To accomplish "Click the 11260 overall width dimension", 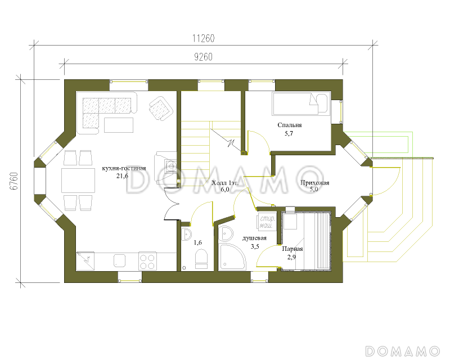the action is [x=203, y=38].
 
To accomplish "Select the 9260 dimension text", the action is [x=203, y=57].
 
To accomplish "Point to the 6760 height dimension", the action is [x=13, y=181].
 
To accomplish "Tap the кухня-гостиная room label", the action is [x=124, y=168].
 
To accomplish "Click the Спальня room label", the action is [x=289, y=125].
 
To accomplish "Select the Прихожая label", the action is [x=314, y=183].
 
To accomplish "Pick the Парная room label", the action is [x=292, y=249].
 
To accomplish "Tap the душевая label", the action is [x=254, y=238].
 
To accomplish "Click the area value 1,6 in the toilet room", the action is [x=198, y=242].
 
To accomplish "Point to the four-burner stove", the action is [x=147, y=261].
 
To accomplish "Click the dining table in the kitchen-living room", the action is [x=78, y=181].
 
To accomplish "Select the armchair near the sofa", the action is [x=161, y=108].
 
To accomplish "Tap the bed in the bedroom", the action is [x=300, y=103].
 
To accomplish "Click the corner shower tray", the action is [x=231, y=257].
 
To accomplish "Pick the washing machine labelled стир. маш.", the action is [x=267, y=221].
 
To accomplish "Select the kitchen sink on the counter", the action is [x=119, y=260].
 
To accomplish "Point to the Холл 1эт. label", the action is [x=224, y=183].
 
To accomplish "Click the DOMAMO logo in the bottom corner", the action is [x=402, y=351].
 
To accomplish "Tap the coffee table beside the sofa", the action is [x=119, y=125].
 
